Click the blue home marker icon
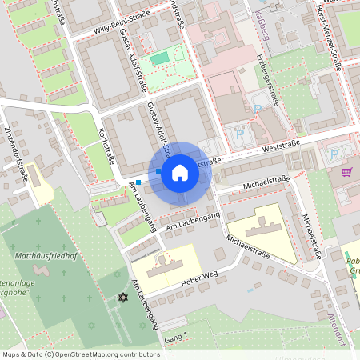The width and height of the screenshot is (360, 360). point(179,173)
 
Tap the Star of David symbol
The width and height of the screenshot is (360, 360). point(123,298)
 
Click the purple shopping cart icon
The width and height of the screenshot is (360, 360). point(346,171)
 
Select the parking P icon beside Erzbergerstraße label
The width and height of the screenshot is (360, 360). point(258,107)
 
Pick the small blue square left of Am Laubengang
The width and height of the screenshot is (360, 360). point(138,182)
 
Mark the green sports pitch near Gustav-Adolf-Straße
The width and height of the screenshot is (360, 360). point(161,58)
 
